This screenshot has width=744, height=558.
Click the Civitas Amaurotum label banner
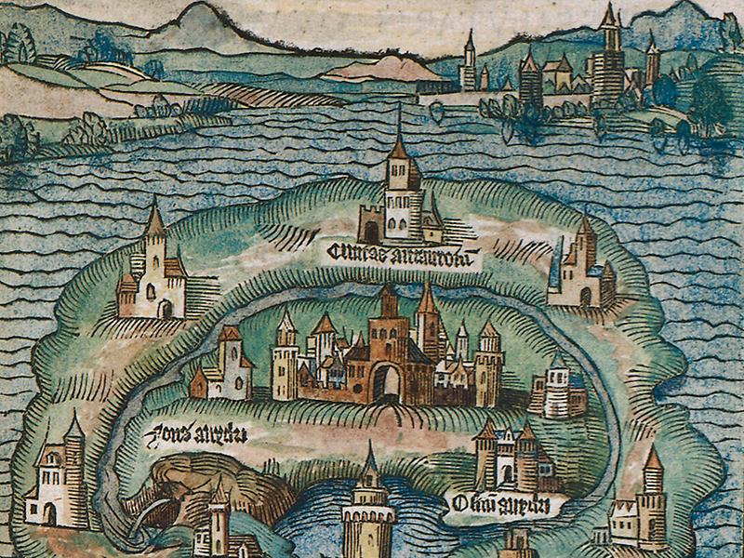tap(405, 253)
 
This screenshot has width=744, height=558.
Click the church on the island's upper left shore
tap(153, 270)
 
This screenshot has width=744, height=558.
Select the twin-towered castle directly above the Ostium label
tap(507, 456)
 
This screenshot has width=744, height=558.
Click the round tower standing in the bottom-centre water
tap(367, 516)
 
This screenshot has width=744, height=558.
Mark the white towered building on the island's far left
tap(60, 474)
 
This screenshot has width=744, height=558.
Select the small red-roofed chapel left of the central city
tap(223, 367)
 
